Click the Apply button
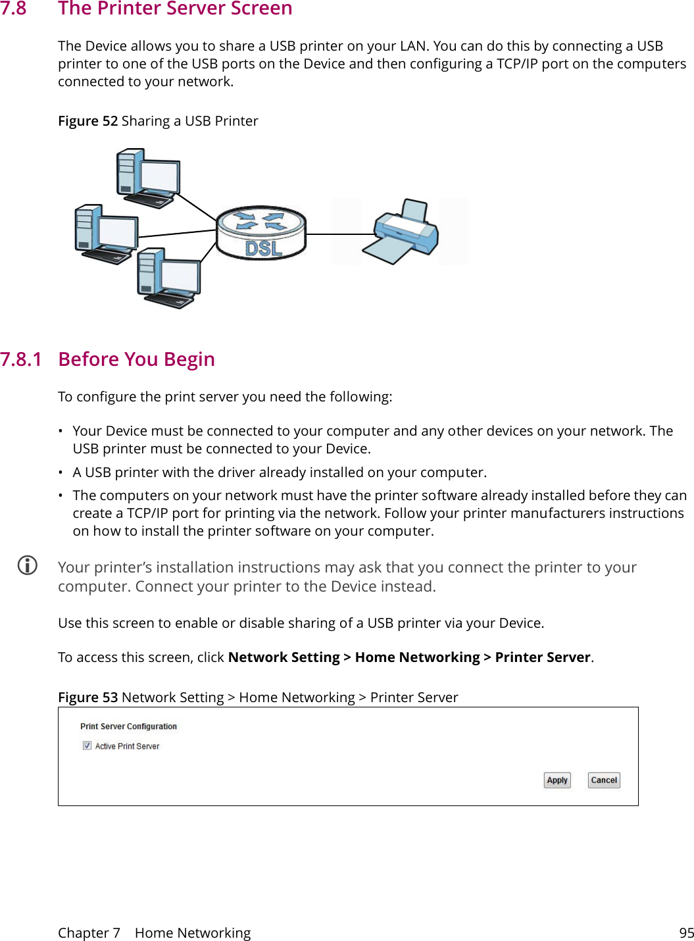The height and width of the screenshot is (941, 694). tap(557, 780)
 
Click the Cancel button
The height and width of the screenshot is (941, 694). tap(604, 780)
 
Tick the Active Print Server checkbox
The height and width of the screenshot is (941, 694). tap(87, 746)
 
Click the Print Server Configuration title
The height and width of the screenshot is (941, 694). tap(128, 726)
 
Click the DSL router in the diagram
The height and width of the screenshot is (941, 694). tap(261, 232)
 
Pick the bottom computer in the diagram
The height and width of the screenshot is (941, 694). tap(169, 278)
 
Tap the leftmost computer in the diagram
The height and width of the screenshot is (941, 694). tap(106, 234)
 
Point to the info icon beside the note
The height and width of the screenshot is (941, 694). tap(28, 565)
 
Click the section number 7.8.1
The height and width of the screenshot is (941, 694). tap(21, 359)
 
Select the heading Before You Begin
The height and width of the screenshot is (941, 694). tap(136, 359)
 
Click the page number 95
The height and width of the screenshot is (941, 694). tap(686, 932)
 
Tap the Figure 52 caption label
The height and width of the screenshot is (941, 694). tap(87, 121)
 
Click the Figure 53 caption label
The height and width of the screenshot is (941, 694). tap(87, 698)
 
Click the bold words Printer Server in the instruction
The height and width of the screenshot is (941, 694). tap(542, 657)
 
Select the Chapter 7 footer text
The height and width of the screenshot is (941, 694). tap(89, 932)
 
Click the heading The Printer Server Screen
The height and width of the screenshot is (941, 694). tap(175, 9)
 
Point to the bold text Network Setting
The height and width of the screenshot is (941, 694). tap(284, 657)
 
